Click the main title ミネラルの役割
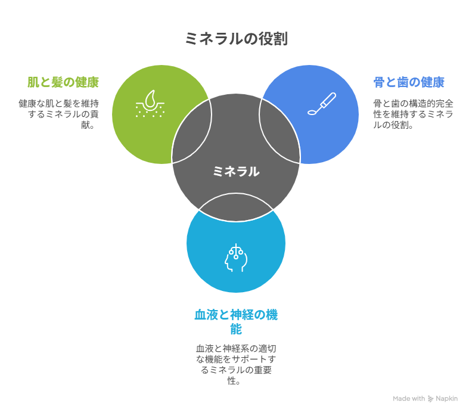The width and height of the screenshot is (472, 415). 236,39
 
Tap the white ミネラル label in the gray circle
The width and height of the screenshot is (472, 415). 236,172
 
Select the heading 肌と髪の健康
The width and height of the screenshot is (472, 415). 63,82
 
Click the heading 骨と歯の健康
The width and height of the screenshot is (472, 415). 409,82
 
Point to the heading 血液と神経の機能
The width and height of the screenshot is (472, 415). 236,314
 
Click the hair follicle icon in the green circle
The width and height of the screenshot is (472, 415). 150,104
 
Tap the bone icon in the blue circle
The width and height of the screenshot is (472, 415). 321,104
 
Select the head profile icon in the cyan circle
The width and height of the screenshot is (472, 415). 236,258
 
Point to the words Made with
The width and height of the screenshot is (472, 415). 409,399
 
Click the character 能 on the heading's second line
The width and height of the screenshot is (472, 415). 236,329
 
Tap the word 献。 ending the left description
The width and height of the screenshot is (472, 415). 88,125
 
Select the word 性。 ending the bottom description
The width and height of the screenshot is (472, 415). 234,382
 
